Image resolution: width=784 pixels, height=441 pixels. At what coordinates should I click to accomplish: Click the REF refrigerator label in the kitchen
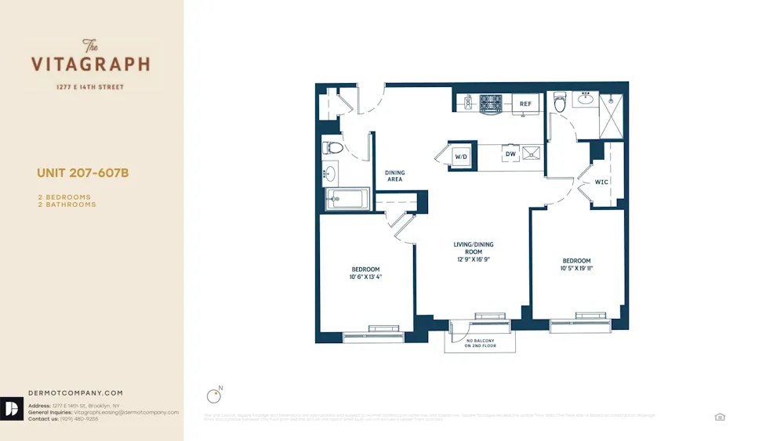tap(525, 104)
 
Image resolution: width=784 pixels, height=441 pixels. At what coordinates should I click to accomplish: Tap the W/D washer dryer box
tap(461, 157)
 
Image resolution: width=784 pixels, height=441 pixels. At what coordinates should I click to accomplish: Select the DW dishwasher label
tap(510, 155)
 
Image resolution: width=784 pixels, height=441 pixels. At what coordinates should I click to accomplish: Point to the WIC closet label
tap(601, 182)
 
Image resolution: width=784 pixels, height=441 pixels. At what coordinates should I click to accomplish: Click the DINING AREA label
tap(394, 176)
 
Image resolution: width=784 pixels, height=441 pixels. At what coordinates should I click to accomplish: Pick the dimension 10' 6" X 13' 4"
tap(365, 277)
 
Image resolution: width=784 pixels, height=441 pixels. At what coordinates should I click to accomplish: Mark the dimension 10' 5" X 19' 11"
tap(576, 269)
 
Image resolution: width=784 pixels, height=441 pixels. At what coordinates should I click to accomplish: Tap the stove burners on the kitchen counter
tap(491, 103)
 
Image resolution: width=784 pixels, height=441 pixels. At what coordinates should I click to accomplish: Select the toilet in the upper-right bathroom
tap(560, 103)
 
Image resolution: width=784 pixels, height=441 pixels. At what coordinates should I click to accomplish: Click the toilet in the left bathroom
tap(333, 147)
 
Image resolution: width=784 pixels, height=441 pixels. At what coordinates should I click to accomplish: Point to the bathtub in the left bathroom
tap(347, 199)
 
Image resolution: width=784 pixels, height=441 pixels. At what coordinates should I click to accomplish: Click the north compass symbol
tap(212, 396)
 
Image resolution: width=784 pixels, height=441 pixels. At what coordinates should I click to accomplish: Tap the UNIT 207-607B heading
tap(82, 173)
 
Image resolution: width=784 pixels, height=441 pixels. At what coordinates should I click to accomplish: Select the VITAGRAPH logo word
tap(90, 64)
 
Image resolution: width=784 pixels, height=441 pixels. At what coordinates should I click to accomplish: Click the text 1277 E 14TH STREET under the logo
tap(89, 87)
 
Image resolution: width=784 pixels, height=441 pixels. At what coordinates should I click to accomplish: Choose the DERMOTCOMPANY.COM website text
tap(75, 393)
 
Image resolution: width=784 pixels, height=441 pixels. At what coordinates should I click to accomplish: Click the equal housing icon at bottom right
tap(720, 417)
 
